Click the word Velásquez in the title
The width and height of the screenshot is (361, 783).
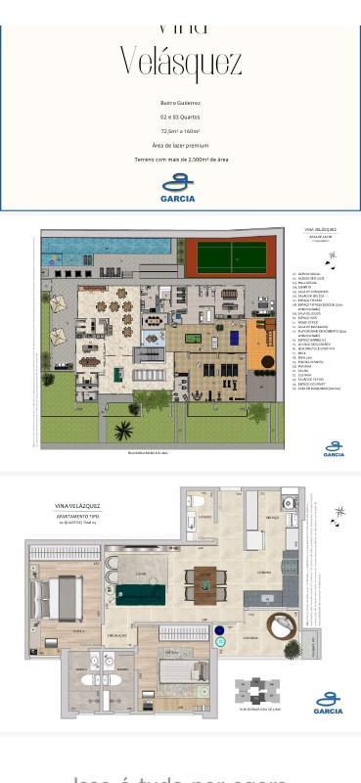pos(180,63)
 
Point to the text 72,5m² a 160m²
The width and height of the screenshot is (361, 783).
pos(180,130)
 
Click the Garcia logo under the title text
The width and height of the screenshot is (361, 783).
pos(178,187)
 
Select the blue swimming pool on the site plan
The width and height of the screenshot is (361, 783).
pos(108,245)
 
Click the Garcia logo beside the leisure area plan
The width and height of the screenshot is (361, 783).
pos(334,448)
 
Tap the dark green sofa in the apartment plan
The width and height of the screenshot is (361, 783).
pos(142,593)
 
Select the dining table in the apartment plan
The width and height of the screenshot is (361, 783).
pos(205,583)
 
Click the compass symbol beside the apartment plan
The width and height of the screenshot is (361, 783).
pos(339,512)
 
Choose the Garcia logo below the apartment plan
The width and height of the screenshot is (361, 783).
pos(329,702)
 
